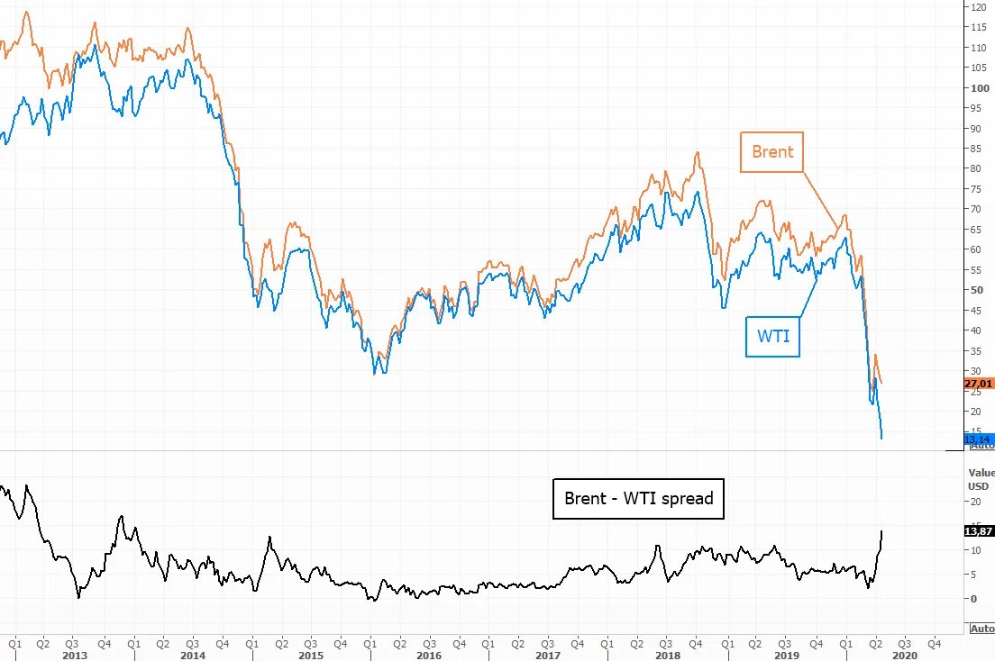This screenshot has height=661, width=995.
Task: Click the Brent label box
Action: (772, 151)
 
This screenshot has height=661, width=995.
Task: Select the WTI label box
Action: (772, 336)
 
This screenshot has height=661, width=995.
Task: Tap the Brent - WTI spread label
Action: (638, 498)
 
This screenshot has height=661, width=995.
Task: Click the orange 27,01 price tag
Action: (978, 384)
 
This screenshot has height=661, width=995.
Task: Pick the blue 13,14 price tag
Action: (978, 439)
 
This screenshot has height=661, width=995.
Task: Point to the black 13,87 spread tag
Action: (978, 531)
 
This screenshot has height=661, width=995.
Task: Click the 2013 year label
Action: (74, 656)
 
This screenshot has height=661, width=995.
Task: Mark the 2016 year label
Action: (428, 656)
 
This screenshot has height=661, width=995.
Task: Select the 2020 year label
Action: (904, 656)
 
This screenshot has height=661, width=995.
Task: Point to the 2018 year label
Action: (667, 656)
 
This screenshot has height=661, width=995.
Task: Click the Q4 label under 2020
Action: (935, 644)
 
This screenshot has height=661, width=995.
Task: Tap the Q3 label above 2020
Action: (904, 644)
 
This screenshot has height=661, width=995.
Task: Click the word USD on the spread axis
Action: (978, 486)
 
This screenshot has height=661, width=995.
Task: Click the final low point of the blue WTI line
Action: (881, 439)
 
